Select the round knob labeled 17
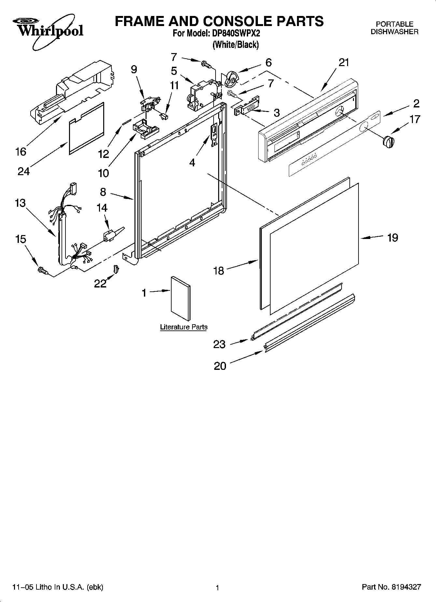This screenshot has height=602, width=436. coord(388,142)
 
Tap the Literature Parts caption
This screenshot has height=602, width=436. coord(184,327)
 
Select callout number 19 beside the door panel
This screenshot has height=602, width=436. coord(392,238)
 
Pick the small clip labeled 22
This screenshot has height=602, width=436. coord(116,269)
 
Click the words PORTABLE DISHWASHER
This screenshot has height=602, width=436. coord(394,28)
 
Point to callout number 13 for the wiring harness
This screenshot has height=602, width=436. coord(20,203)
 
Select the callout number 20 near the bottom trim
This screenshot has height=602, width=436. coord(220,366)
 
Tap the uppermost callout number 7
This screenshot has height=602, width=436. coord(174,57)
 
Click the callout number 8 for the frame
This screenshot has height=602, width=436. coord(103,192)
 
